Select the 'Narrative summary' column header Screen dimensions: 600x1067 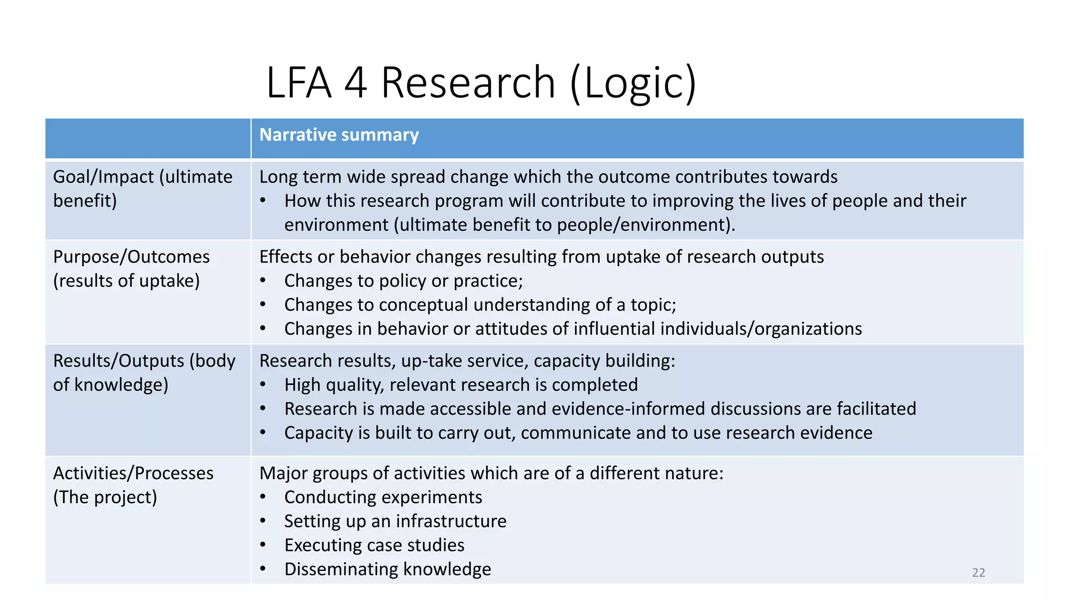click(x=339, y=135)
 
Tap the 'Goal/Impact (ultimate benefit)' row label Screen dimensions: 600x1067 click(x=142, y=189)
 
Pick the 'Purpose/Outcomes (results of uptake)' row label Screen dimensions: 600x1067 click(x=131, y=268)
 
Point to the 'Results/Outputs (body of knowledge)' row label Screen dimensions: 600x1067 click(x=144, y=372)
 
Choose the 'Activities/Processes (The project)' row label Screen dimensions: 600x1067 click(x=133, y=485)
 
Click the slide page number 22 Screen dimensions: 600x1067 click(x=978, y=572)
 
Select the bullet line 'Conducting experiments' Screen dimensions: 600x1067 click(x=383, y=497)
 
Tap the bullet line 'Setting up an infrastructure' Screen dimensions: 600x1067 click(x=395, y=521)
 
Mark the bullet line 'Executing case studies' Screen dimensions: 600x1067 click(x=374, y=545)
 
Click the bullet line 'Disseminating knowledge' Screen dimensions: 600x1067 click(x=387, y=569)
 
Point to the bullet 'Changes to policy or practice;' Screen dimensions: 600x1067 click(x=403, y=281)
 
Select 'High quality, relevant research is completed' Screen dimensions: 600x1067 click(x=461, y=385)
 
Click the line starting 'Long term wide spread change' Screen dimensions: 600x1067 click(x=548, y=177)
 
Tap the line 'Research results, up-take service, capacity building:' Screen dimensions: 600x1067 click(x=467, y=361)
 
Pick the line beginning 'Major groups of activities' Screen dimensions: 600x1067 click(x=491, y=473)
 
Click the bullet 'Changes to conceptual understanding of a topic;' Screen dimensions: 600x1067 click(x=480, y=305)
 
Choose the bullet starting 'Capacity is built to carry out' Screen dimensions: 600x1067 click(x=578, y=433)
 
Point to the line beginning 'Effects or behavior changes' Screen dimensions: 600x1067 click(x=541, y=257)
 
